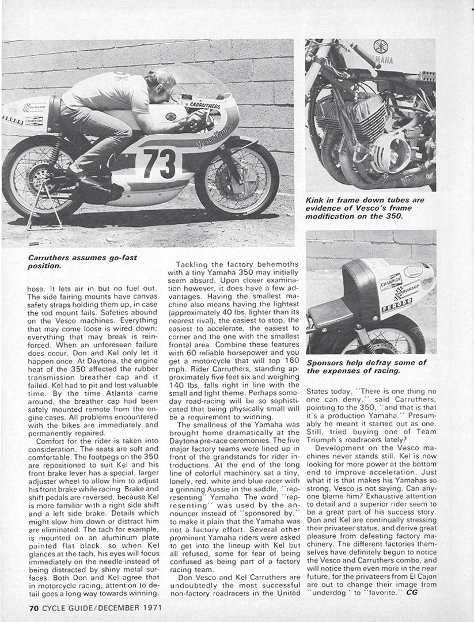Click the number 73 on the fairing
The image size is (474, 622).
[159, 165]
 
